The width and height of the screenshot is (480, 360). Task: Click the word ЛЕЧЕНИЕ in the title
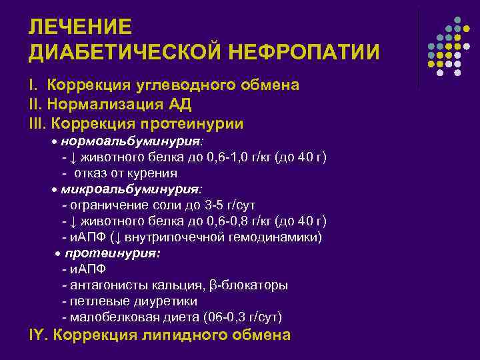[81, 27]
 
